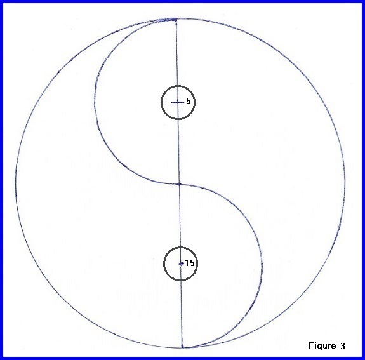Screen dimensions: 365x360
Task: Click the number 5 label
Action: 189,101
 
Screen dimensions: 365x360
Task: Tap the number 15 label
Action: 190,263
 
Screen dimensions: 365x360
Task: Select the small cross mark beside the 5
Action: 178,102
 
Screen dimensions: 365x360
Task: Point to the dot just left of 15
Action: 181,263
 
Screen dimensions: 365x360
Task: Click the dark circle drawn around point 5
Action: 178,86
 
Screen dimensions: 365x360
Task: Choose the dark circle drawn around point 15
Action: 180,247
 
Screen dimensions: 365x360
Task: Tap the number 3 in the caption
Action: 343,346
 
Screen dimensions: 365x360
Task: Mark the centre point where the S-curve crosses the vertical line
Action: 179,184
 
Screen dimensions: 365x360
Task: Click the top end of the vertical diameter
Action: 176,20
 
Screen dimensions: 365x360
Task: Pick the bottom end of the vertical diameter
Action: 182,347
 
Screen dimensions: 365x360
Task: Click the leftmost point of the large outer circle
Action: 16,184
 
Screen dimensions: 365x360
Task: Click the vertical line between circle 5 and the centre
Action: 178,151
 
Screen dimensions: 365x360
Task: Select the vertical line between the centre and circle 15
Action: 180,216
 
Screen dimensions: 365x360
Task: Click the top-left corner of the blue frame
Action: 0,0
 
